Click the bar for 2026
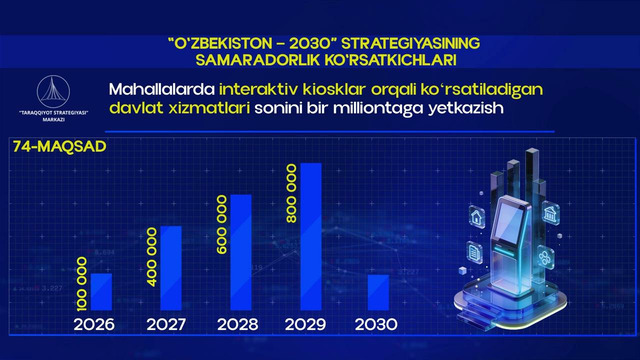pyautogui.click(x=102, y=291)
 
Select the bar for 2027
pyautogui.click(x=171, y=268)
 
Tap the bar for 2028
pyautogui.click(x=241, y=252)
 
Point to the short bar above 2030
pyautogui.click(x=379, y=292)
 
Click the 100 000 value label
pyautogui.click(x=82, y=281)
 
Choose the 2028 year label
pyautogui.click(x=236, y=325)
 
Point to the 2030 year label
pyautogui.click(x=376, y=325)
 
